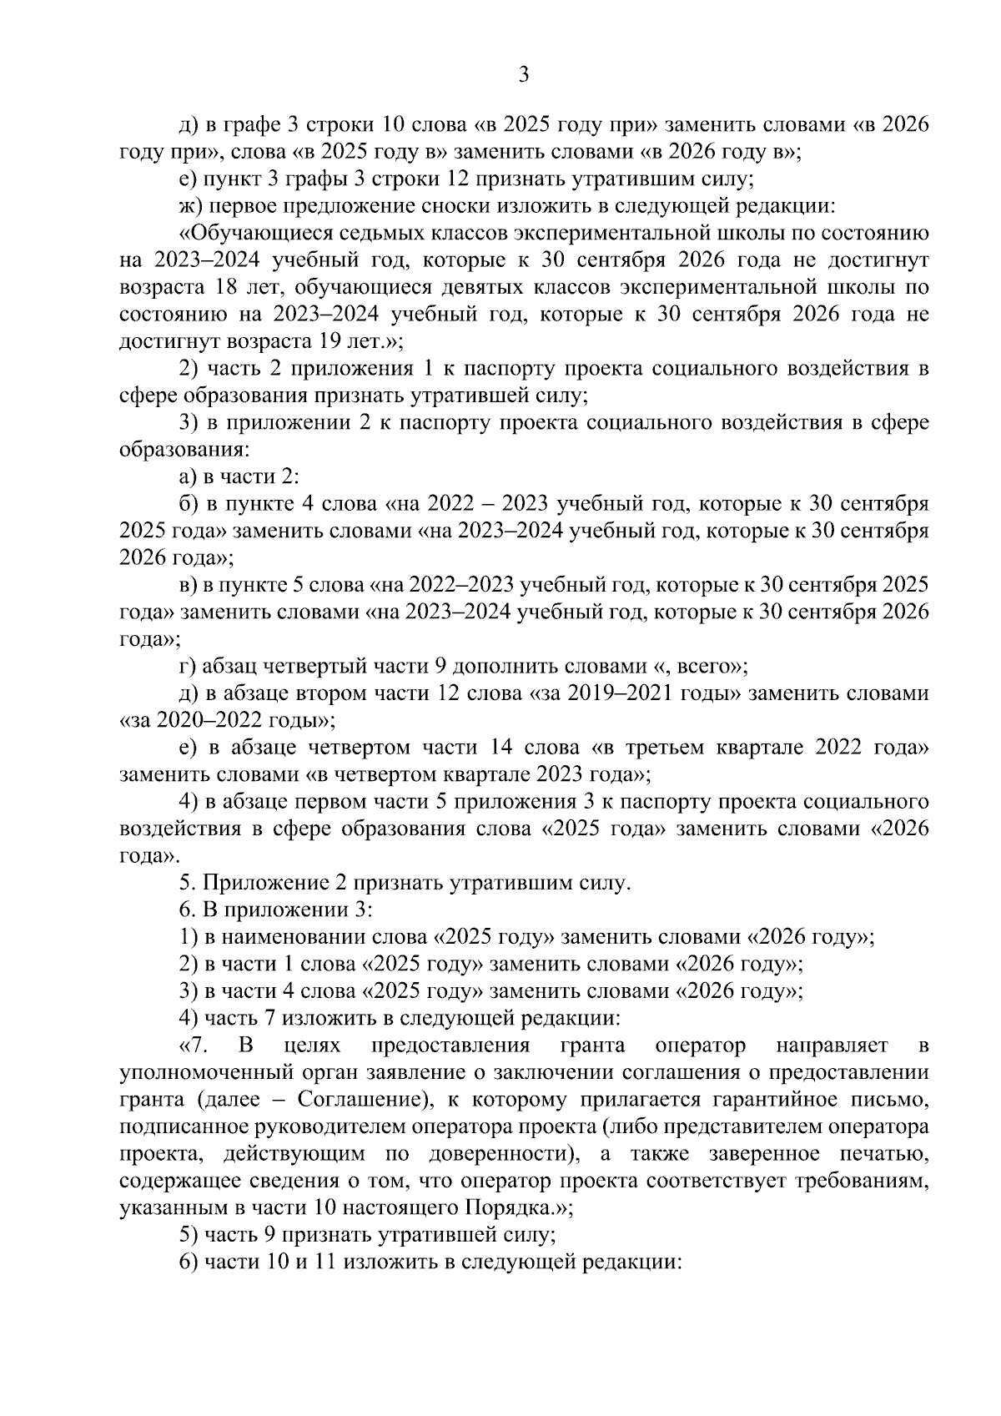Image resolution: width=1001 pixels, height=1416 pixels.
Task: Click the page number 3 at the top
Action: click(x=523, y=75)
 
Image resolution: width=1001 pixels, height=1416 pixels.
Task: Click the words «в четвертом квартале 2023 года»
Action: click(x=473, y=774)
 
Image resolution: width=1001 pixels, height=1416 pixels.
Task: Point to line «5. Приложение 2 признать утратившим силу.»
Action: click(x=405, y=883)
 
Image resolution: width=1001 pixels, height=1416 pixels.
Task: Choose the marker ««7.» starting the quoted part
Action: click(x=195, y=1046)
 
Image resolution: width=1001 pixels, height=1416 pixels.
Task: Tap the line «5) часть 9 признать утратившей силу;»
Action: click(x=368, y=1235)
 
